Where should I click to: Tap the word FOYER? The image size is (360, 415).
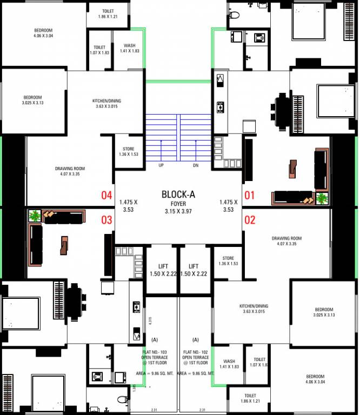(179, 204)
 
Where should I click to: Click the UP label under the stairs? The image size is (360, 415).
(161, 165)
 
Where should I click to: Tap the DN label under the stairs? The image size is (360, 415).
(196, 165)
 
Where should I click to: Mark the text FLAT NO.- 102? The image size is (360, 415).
(196, 352)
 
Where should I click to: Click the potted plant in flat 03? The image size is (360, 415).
(35, 216)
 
